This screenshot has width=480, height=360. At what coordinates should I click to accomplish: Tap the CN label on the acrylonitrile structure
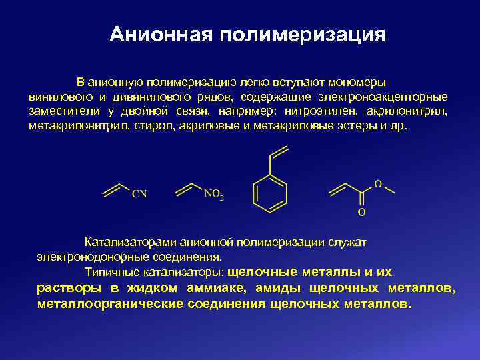139,194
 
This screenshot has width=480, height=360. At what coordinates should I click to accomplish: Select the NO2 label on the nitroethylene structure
213,195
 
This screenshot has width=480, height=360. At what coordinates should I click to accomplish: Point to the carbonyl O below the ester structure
362,213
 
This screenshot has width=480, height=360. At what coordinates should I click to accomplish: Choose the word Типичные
107,271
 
